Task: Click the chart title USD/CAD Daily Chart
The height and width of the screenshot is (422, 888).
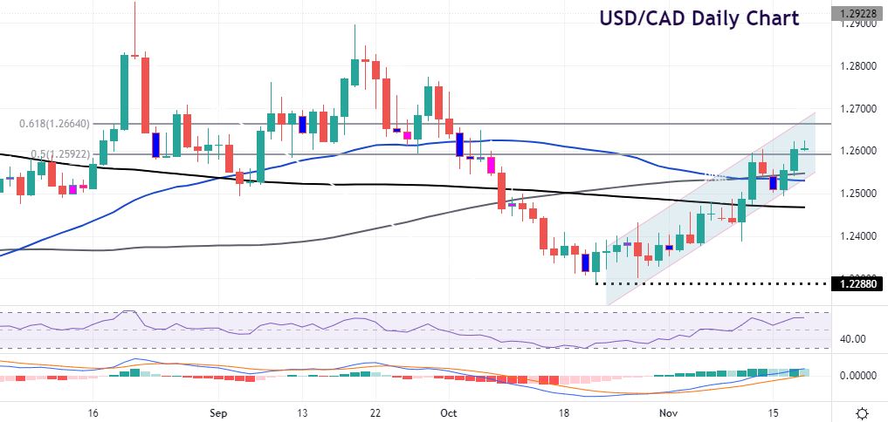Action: (x=698, y=18)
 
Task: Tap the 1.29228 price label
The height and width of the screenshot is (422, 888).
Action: (x=857, y=14)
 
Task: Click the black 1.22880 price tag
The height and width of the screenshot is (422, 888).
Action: (x=857, y=284)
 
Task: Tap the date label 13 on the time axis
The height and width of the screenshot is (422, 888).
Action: (x=301, y=412)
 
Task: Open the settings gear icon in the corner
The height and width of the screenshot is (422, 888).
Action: (x=862, y=412)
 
